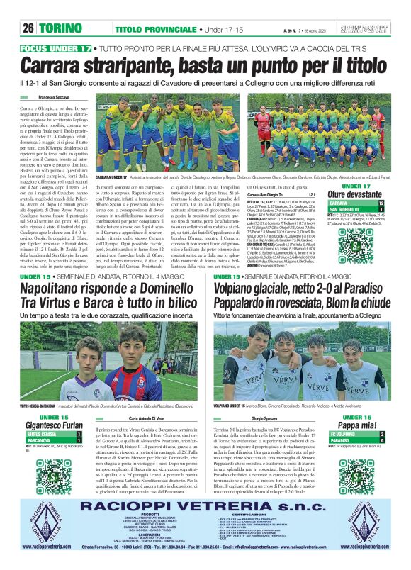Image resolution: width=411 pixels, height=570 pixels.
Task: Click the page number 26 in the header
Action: [28, 28]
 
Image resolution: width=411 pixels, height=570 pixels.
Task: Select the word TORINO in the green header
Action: [61, 28]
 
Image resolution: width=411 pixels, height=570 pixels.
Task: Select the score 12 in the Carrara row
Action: [381, 203]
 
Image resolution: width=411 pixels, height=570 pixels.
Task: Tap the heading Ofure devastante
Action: [354, 194]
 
